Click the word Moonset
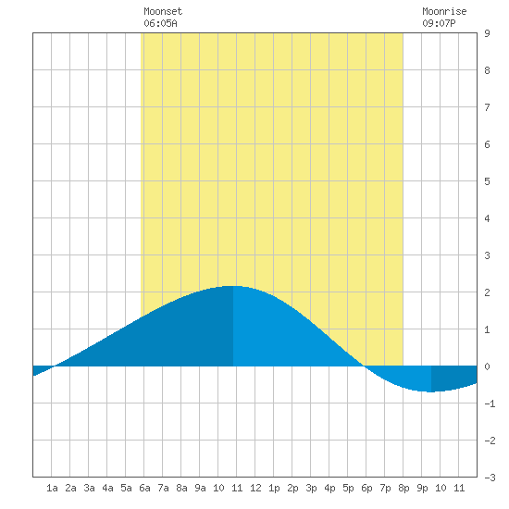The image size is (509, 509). (x=163, y=11)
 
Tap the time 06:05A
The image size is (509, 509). (x=160, y=23)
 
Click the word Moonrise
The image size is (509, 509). (x=444, y=11)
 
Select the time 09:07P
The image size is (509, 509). (x=439, y=23)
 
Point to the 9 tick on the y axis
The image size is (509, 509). (x=487, y=33)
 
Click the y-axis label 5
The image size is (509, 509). (x=487, y=181)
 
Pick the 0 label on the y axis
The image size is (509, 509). (x=487, y=366)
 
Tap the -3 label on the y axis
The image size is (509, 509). (x=490, y=478)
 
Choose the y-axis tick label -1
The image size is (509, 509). (x=490, y=403)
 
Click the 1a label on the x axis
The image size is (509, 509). (x=52, y=488)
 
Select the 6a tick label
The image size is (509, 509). (x=144, y=488)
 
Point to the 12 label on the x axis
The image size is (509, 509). (x=255, y=488)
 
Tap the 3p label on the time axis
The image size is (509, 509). (x=311, y=488)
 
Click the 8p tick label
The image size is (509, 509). (x=403, y=488)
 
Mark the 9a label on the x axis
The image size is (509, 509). (x=200, y=488)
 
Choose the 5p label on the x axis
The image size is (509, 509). (x=348, y=488)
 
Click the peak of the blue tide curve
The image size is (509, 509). (x=232, y=286)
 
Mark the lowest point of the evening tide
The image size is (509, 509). (x=431, y=391)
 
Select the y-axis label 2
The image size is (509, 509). (x=487, y=292)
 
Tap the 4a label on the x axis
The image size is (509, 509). (x=107, y=488)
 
